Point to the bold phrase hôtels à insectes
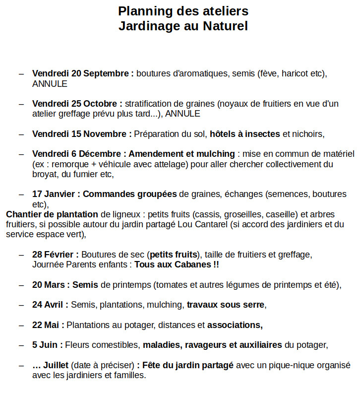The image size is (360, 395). pyautogui.click(x=245, y=133)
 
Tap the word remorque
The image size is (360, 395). pyautogui.click(x=71, y=164)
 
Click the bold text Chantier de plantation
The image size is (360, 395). pyautogui.click(x=52, y=214)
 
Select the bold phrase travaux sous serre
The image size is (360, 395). pyautogui.click(x=226, y=305)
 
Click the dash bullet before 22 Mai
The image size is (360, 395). pyautogui.click(x=21, y=325)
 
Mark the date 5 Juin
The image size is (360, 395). pyautogui.click(x=47, y=345)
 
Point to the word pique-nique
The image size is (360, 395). pyautogui.click(x=292, y=365)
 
